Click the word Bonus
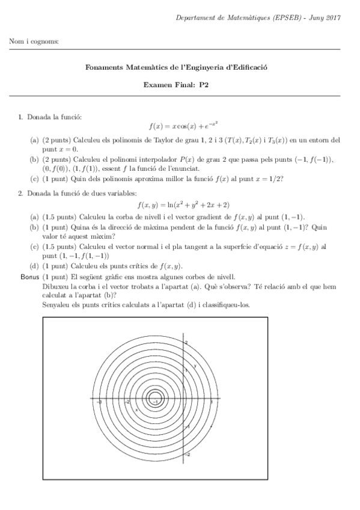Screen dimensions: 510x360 [x=29, y=277]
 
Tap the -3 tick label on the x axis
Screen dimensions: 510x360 [x=99, y=402]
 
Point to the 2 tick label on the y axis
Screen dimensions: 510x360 [x=188, y=342]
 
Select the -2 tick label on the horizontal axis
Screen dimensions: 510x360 [x=127, y=402]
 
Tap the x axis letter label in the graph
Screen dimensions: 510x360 [x=137, y=409]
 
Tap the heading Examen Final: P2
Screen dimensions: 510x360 [x=180, y=85]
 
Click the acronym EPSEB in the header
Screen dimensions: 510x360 [x=277, y=18]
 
